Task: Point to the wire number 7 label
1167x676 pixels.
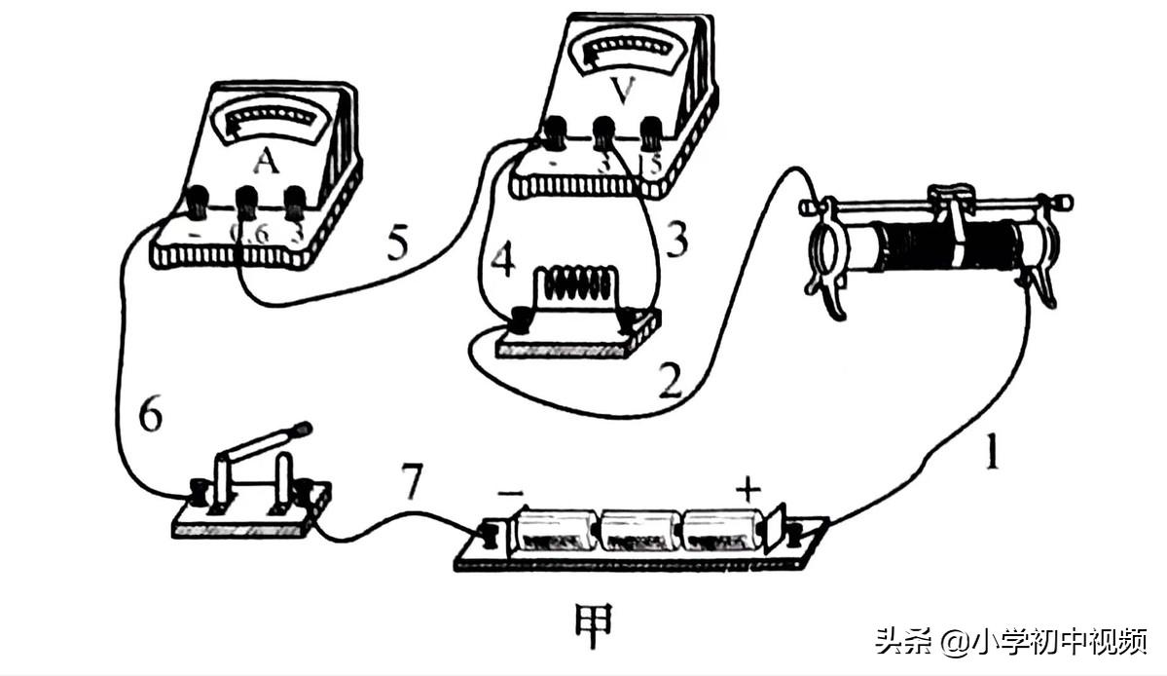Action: tap(412, 484)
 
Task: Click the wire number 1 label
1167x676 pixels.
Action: tap(990, 455)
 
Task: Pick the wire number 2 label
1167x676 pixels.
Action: tap(669, 383)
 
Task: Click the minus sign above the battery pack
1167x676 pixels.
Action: tap(510, 493)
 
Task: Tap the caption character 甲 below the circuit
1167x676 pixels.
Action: tap(593, 620)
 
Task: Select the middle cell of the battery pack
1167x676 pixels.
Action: tap(640, 533)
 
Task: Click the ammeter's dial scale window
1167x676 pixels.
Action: tap(273, 124)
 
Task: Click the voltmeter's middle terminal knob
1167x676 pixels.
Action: tap(604, 129)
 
